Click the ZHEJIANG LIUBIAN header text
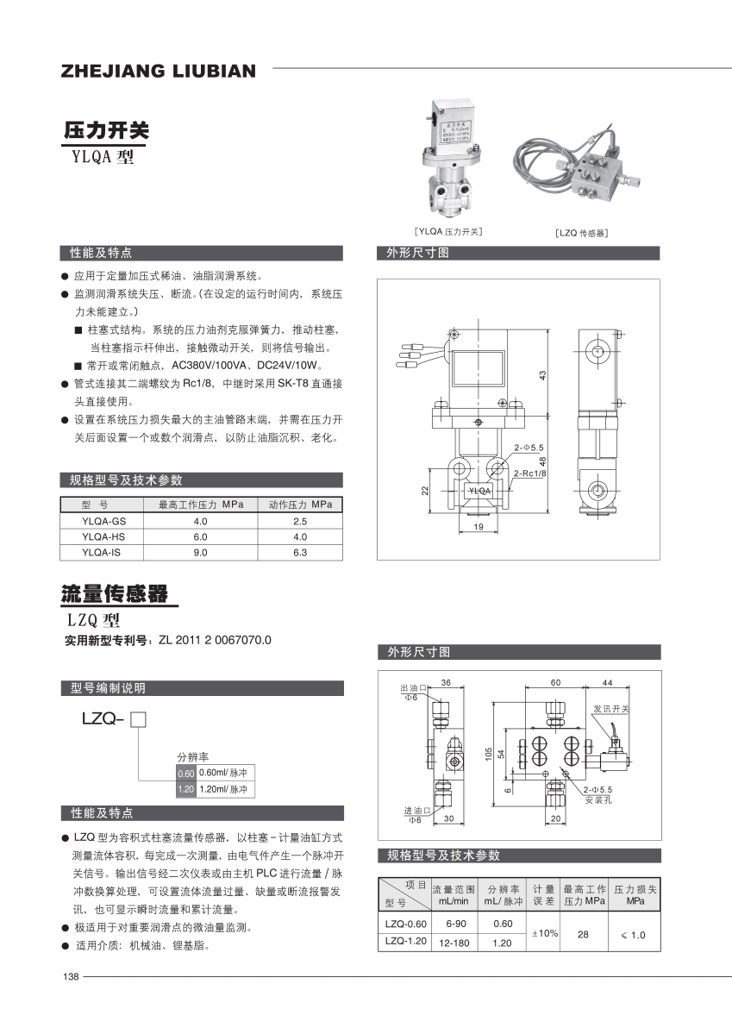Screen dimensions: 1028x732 point(159,72)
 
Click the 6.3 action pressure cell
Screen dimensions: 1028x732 point(300,552)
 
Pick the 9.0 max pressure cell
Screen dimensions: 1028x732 point(200,552)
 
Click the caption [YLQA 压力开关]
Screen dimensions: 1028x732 point(447,231)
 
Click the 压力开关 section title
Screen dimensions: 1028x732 point(106,131)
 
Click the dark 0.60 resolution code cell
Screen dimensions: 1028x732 point(185,773)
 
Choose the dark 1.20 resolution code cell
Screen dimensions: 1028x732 point(185,789)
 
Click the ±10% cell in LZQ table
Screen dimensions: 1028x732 point(544,933)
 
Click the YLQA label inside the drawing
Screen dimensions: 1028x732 point(479,491)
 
